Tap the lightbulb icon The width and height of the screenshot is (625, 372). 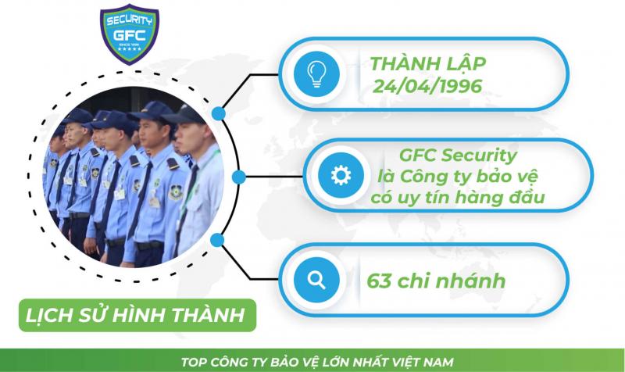tap(319, 73)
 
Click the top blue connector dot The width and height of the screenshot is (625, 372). tap(220, 114)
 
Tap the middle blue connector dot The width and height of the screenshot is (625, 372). tap(242, 177)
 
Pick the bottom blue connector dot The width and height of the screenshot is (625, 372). tap(220, 239)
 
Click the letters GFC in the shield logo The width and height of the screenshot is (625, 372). tap(130, 34)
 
